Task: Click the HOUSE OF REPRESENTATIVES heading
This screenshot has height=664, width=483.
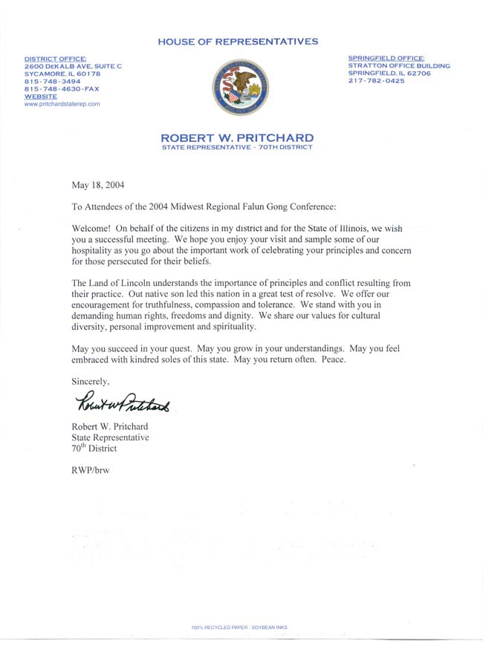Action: point(238,42)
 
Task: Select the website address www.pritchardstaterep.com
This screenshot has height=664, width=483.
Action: point(62,104)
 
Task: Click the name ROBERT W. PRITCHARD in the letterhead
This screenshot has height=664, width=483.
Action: point(237,137)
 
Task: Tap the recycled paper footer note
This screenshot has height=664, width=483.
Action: point(238,628)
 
